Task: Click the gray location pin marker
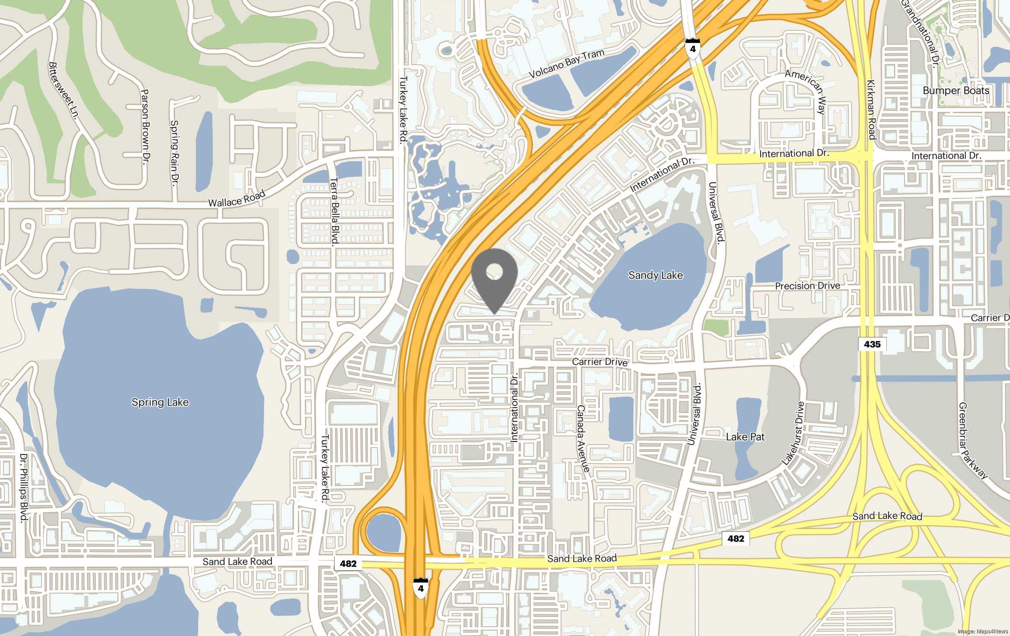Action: tap(494, 276)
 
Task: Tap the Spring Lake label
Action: tap(160, 402)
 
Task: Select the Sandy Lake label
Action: tap(656, 276)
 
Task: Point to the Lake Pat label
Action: tap(745, 437)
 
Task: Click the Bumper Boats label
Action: tap(956, 91)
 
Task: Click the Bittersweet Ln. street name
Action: tap(64, 91)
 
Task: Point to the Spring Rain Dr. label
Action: tap(175, 153)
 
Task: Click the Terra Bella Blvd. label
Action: tap(335, 211)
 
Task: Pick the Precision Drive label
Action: tap(807, 286)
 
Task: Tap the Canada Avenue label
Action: tap(583, 439)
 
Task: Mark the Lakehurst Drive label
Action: tap(793, 433)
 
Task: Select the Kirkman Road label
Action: tap(871, 110)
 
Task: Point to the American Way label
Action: tap(807, 90)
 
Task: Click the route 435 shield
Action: tap(872, 344)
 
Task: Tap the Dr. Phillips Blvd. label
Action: tap(24, 488)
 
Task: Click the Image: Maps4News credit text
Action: tap(983, 632)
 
